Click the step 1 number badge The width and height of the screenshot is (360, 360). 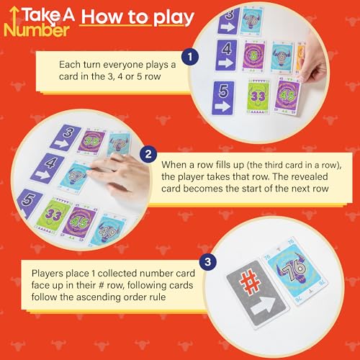coord(190,57)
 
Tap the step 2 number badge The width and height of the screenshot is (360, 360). coord(148,154)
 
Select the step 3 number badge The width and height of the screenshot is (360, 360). coord(208,261)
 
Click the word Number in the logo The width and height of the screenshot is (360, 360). coord(37,30)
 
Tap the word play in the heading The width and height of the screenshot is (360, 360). coord(174,18)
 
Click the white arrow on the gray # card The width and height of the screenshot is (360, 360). coord(264,306)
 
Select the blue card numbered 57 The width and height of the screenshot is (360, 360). coord(73,176)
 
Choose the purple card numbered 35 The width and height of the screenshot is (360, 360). coord(91,142)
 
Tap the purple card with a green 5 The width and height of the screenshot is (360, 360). coord(253,55)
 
